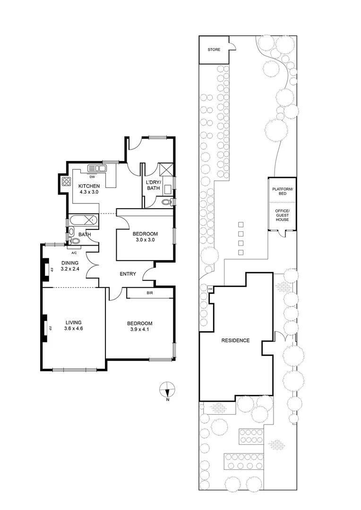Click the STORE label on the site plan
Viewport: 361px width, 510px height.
214,50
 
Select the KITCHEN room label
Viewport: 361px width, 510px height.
89,186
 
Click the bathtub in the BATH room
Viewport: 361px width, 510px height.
83,220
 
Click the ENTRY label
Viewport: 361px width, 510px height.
128,274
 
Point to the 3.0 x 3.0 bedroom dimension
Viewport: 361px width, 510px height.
145,239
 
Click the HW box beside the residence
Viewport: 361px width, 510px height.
210,289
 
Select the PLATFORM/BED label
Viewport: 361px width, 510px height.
283,191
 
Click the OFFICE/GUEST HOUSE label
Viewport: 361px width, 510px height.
283,215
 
